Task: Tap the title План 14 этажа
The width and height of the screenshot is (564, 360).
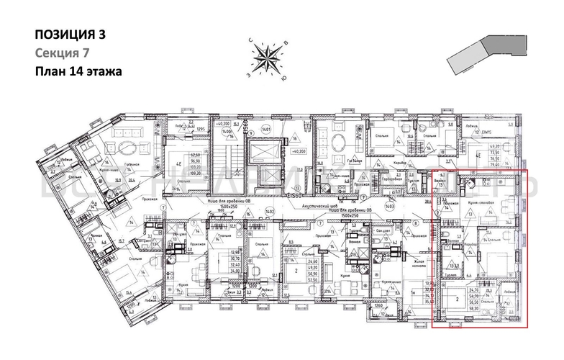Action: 78,71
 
